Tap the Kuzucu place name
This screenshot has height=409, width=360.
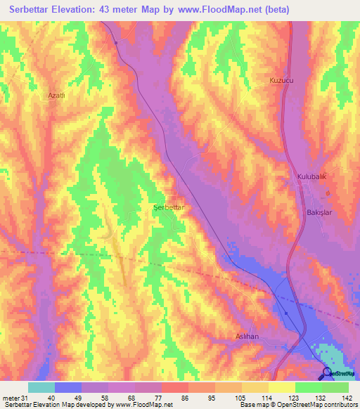pyautogui.click(x=281, y=81)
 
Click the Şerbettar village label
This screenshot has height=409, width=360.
pyautogui.click(x=169, y=208)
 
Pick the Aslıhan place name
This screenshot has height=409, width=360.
pyautogui.click(x=247, y=337)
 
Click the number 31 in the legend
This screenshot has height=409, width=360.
pyautogui.click(x=25, y=398)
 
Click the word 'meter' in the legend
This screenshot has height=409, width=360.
pyautogui.click(x=11, y=398)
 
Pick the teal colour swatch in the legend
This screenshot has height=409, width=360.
pyautogui.click(x=41, y=387)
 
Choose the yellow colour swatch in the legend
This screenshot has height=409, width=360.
pyautogui.click(x=282, y=387)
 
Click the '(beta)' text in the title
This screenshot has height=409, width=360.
pyautogui.click(x=274, y=9)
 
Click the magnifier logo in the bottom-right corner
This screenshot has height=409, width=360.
pyautogui.click(x=328, y=373)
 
